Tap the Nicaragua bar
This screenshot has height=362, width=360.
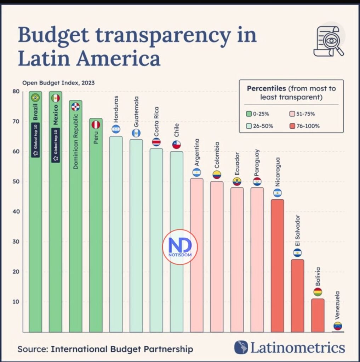[277, 265]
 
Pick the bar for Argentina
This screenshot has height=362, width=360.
[196, 255]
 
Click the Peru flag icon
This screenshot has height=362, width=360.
[96, 125]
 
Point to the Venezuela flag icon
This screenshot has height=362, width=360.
[338, 326]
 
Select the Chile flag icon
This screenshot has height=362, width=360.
[176, 145]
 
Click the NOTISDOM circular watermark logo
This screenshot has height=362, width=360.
[180, 246]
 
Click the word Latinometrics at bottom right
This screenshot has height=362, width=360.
[297, 348]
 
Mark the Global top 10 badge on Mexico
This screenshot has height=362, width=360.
[56, 145]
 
